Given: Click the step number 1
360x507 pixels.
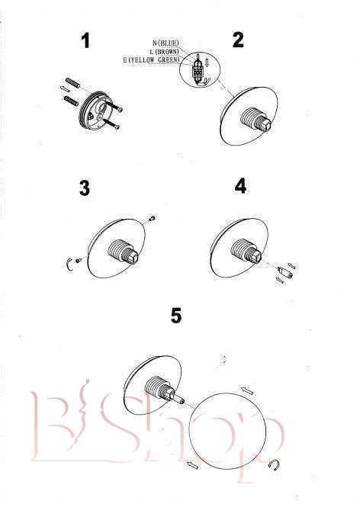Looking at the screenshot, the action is [x=85, y=41].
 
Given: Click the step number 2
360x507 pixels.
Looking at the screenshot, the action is [x=238, y=40].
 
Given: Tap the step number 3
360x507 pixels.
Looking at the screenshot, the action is [x=85, y=188].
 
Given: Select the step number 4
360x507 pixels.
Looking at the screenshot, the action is [x=240, y=187].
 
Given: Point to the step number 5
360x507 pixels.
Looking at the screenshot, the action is [x=176, y=316].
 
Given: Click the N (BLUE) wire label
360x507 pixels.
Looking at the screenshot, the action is [x=166, y=43].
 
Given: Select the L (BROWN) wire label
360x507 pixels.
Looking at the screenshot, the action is [x=164, y=51].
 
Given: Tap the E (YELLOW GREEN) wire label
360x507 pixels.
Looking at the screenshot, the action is [x=151, y=59].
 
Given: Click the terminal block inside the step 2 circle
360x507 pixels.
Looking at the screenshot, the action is [x=196, y=73].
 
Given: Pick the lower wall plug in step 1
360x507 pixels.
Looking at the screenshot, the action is [x=71, y=101].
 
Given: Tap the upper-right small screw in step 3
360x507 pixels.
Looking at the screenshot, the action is [x=153, y=219].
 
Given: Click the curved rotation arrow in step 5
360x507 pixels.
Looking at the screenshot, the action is [x=275, y=464].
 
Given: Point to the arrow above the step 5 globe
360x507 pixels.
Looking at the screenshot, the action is [x=247, y=390].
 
